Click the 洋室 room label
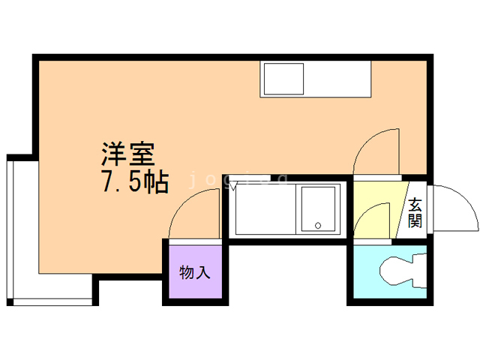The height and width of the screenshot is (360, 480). [128, 155]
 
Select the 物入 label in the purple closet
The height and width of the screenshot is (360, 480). [194, 272]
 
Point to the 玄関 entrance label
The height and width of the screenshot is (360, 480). [415, 211]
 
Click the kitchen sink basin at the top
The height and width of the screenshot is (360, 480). [282, 78]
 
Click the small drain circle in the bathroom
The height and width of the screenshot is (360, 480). [318, 224]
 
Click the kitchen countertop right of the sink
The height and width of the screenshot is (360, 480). [337, 78]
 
